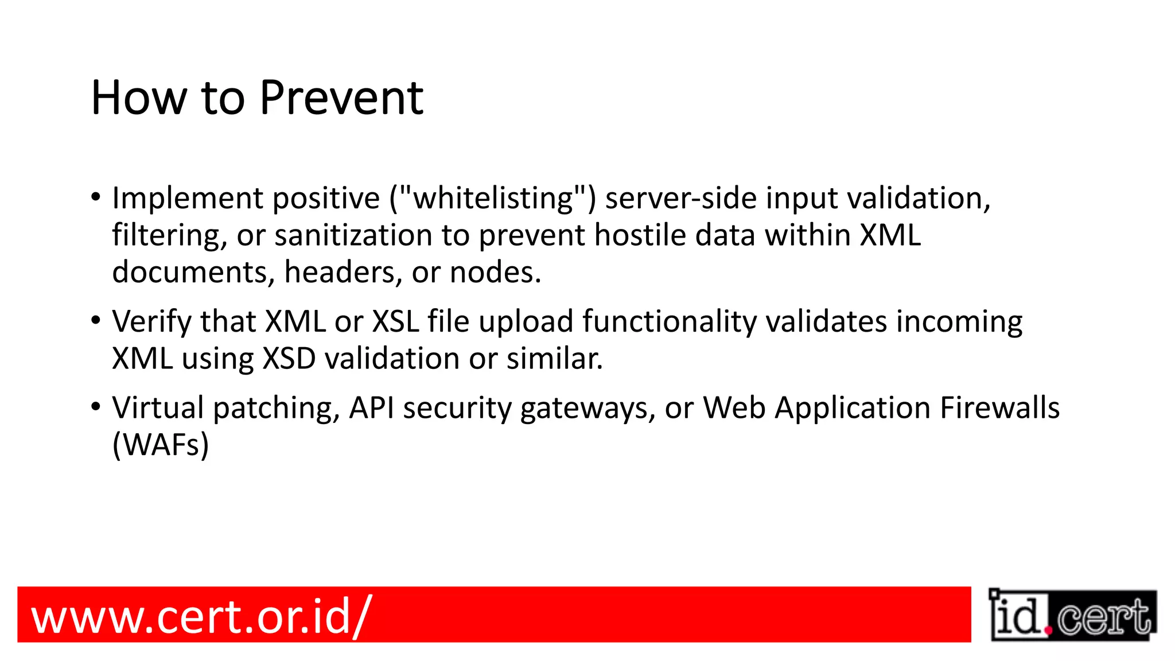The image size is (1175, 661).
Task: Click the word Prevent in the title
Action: coord(341,98)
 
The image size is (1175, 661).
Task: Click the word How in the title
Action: coord(139,98)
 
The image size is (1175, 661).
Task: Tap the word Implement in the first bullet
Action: coord(187,199)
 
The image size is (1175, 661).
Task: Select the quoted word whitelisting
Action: coord(493,199)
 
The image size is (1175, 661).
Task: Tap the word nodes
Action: coord(495,273)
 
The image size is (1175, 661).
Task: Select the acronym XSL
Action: coord(395,322)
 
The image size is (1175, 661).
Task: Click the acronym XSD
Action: coord(289,359)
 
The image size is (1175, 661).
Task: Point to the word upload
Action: coord(526,322)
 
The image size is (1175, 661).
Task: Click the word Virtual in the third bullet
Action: coord(158,408)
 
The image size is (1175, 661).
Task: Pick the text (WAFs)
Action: coord(161,445)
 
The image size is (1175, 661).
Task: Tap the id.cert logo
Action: coord(1072,616)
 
